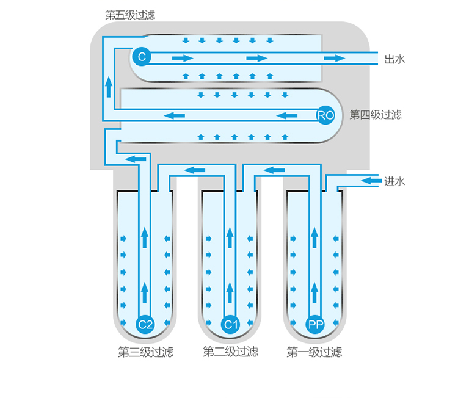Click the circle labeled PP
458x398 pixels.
coord(315,324)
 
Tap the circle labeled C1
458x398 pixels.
coord(230,324)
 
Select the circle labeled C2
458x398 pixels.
coord(145,324)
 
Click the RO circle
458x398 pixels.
coord(325,115)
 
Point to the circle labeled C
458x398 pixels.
coord(142,56)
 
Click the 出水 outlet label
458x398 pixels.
coord(394,59)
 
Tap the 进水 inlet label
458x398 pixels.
coord(394,181)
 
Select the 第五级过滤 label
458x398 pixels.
coord(130,15)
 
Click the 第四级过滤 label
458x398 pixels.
coord(376,115)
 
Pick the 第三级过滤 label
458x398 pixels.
coord(145,352)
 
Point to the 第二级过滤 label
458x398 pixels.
coord(230,352)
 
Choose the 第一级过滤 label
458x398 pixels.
coord(314,352)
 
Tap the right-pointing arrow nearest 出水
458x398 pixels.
coord(335,59)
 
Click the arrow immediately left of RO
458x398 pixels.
coord(287,115)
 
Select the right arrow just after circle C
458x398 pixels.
coord(183,59)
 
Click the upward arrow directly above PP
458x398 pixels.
coord(314,292)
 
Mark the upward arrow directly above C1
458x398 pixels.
coord(230,292)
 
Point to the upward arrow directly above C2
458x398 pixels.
coord(145,292)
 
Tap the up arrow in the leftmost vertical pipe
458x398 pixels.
coord(109,87)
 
